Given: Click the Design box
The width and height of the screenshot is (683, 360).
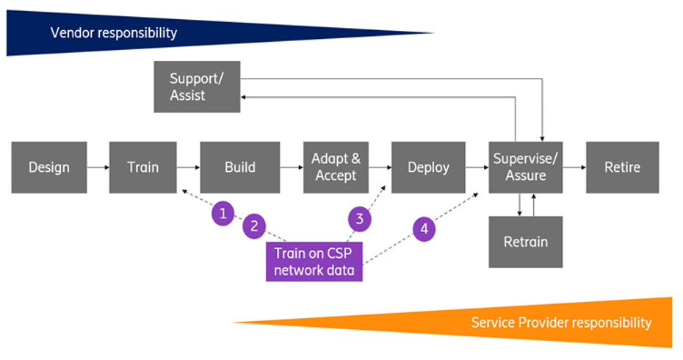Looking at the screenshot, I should (48, 168).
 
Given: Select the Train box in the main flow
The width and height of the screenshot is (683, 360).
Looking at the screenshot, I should (142, 168).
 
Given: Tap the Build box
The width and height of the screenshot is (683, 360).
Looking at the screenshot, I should (239, 168).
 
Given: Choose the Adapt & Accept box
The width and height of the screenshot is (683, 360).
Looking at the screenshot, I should (334, 168).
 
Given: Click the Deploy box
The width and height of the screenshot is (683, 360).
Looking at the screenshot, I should (428, 168).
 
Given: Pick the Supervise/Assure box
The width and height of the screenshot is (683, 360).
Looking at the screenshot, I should (526, 168).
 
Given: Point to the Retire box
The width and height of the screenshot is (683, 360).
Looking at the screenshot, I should (622, 168).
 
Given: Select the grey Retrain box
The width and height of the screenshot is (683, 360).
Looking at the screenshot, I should (526, 242).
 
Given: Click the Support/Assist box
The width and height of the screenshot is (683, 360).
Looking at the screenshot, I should (197, 87).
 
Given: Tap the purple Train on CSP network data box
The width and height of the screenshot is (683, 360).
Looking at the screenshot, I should (314, 262).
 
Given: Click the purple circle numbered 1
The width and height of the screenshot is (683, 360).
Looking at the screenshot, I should (223, 214).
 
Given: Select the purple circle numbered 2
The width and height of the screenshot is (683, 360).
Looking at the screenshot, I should (254, 226).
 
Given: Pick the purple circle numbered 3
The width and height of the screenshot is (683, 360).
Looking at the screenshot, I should (359, 217).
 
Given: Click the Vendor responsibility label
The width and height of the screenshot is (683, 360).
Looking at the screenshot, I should (114, 33).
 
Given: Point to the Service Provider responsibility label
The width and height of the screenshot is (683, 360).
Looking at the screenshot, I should (561, 323).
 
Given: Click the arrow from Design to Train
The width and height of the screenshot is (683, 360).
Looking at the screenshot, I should (98, 168).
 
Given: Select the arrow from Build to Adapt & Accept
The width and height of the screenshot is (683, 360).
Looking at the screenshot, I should (291, 168).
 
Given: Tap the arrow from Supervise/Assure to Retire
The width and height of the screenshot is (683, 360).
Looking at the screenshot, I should (574, 168).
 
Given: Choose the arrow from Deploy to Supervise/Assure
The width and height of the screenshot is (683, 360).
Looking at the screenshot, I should (477, 168).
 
